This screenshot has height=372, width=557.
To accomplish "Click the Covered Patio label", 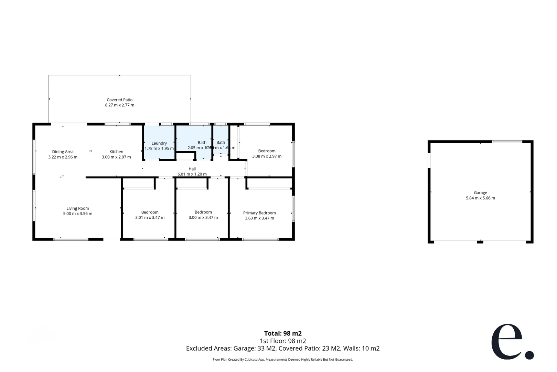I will [119, 100].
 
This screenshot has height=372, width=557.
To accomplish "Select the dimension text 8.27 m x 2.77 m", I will [119, 105].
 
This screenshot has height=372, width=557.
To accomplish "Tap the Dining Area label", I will [63, 152].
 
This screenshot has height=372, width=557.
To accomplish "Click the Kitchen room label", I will [116, 152].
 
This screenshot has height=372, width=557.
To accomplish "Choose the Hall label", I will [192, 169].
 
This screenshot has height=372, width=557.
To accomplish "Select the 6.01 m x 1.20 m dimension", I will [192, 174].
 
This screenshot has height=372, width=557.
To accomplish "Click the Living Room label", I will [77, 208].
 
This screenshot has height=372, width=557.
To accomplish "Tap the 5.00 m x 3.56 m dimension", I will [77, 214].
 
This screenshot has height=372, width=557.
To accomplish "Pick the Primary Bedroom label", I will [259, 213].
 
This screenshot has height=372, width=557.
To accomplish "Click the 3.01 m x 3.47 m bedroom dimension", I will [150, 217].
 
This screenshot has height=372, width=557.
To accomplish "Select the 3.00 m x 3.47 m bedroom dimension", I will [203, 217].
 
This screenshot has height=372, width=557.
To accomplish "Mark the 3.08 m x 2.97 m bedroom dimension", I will [267, 156].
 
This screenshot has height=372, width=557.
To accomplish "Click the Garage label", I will [480, 193].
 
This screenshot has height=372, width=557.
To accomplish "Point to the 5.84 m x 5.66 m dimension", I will [480, 198].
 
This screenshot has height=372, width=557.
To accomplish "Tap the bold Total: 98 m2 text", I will [283, 333].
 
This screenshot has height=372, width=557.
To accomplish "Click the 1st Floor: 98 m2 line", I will [283, 341].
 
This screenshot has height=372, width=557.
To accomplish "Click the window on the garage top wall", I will [507, 142].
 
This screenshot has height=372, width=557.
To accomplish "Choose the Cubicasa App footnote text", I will [283, 360].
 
